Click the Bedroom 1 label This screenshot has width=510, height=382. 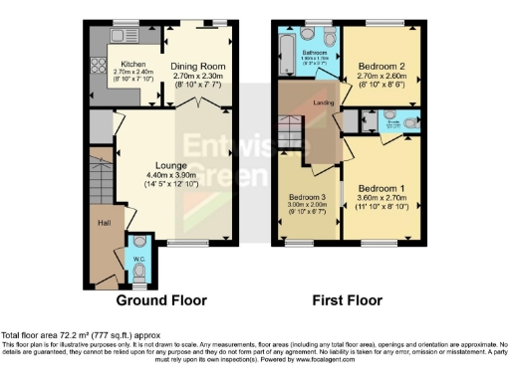pyautogui.click(x=383, y=189)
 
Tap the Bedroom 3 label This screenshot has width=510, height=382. pyautogui.click(x=307, y=196)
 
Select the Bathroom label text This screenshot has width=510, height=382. pyautogui.click(x=317, y=51)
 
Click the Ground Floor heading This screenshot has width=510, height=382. pyautogui.click(x=161, y=299)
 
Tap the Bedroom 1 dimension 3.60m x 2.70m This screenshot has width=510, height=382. pyautogui.click(x=383, y=199)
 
